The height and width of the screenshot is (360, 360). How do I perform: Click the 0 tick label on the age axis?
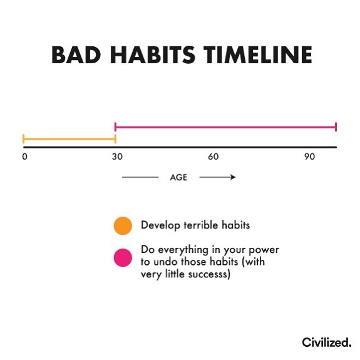[24, 157]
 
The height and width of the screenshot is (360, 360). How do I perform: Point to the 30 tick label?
[116, 157]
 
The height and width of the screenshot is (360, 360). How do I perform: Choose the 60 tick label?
[213, 157]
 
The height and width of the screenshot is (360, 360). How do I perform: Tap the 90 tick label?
[309, 157]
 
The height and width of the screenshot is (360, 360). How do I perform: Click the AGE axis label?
[178, 177]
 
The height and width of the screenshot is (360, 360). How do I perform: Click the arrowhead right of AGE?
[232, 177]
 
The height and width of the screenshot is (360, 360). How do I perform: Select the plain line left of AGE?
[140, 177]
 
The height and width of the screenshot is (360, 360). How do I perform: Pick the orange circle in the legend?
[123, 225]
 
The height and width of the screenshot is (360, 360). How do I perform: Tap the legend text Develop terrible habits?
[190, 225]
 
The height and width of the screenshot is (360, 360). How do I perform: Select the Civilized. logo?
[326, 342]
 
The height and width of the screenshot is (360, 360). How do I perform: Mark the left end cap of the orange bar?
[23, 139]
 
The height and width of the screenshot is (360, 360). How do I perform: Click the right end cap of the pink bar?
[336, 127]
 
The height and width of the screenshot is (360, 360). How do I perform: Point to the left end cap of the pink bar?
[115, 127]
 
